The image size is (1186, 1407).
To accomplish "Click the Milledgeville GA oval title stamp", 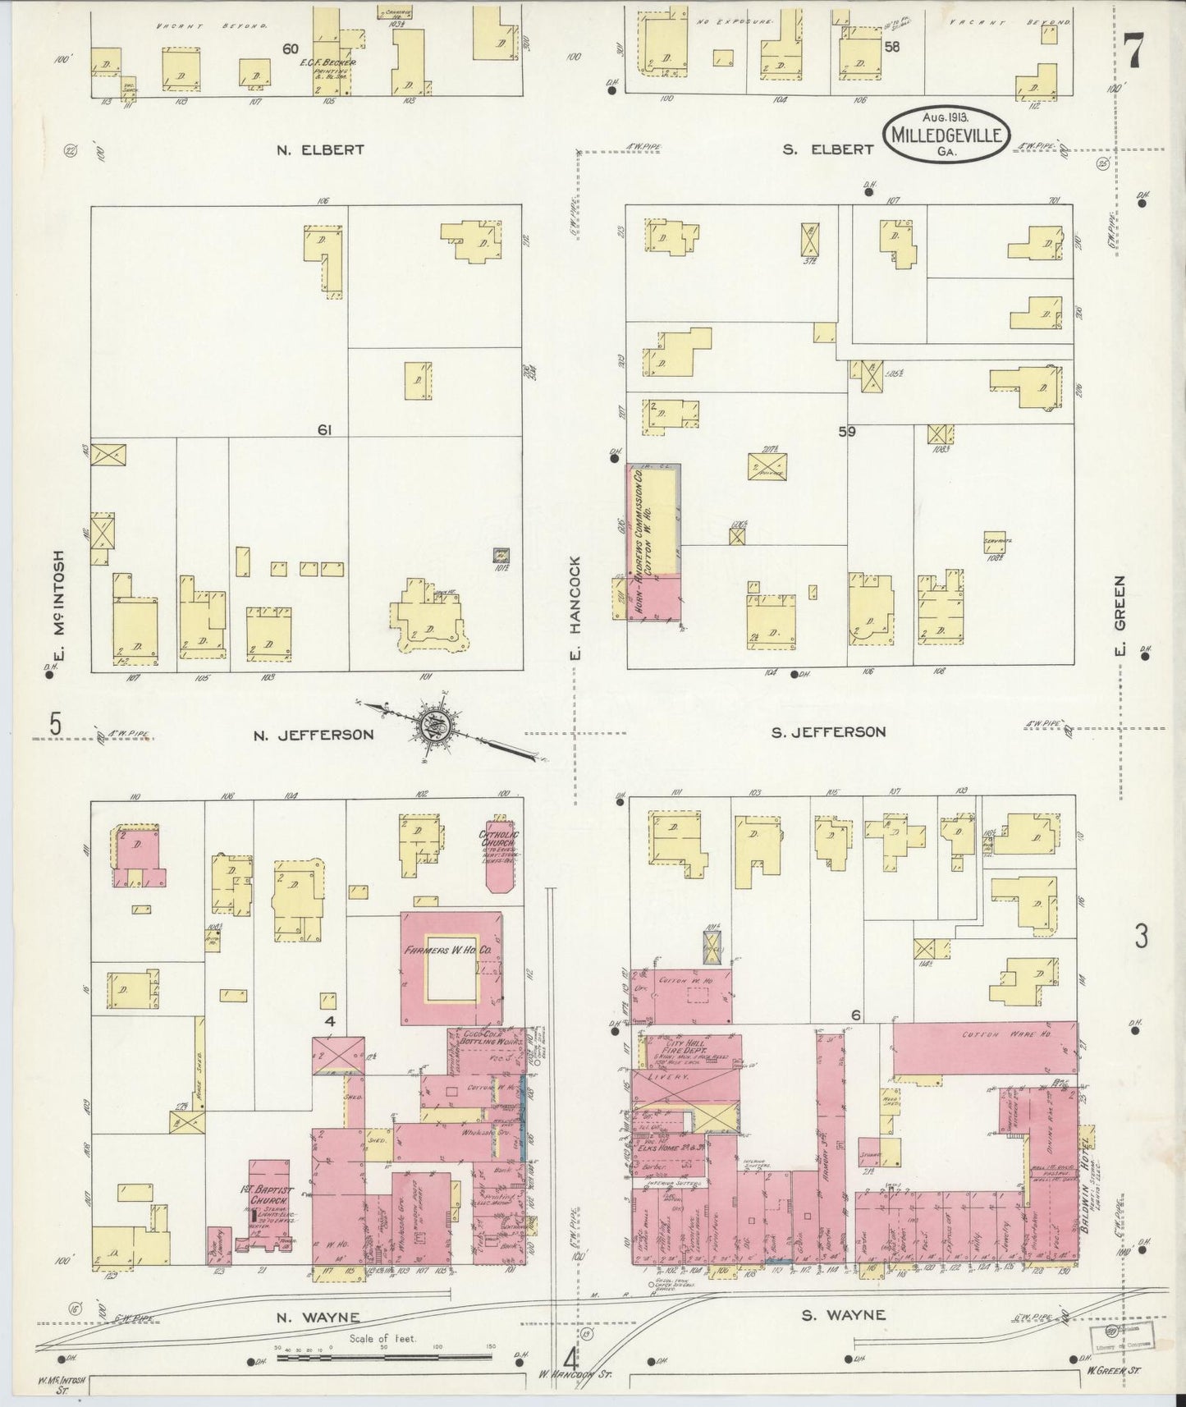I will [x=946, y=133].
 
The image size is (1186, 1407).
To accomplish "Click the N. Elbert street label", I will [x=320, y=150].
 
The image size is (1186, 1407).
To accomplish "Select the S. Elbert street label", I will [x=827, y=149].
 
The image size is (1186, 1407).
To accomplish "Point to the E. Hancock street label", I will [x=575, y=608].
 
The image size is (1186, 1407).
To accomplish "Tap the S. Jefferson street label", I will [x=828, y=731].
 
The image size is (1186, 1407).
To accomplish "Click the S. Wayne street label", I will [x=843, y=1314].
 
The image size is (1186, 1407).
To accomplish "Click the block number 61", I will [x=325, y=429].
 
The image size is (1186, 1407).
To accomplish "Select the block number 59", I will [x=847, y=430].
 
